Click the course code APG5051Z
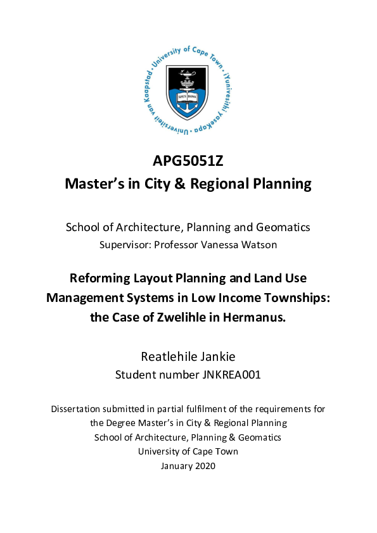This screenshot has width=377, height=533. click(188, 161)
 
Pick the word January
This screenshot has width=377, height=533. click(175, 466)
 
